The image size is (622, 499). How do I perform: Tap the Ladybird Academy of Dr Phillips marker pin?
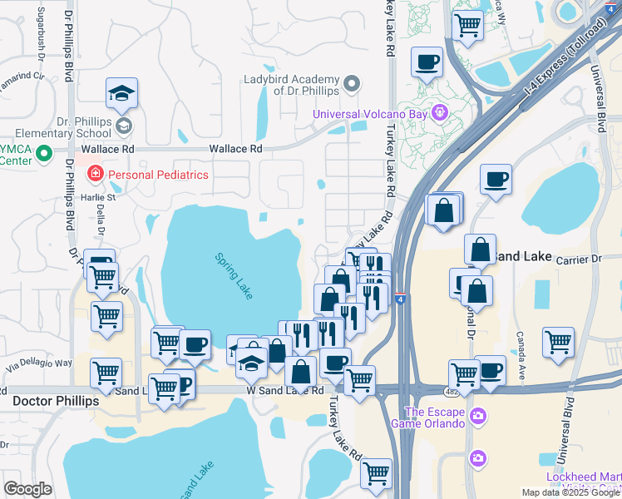coord(353,84)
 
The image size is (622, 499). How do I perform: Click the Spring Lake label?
coord(234,276)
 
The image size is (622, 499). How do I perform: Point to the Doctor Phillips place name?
coord(56,401)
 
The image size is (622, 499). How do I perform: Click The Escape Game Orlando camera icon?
coord(477,416)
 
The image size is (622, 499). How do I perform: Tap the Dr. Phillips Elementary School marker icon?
coord(124,126)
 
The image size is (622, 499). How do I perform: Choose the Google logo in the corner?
coord(27,488)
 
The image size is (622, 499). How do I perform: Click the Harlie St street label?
coord(97,197)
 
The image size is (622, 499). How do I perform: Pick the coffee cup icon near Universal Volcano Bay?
coord(427,62)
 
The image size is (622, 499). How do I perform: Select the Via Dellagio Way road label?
coord(40,363)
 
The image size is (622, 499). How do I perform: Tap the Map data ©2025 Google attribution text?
coord(570,492)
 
